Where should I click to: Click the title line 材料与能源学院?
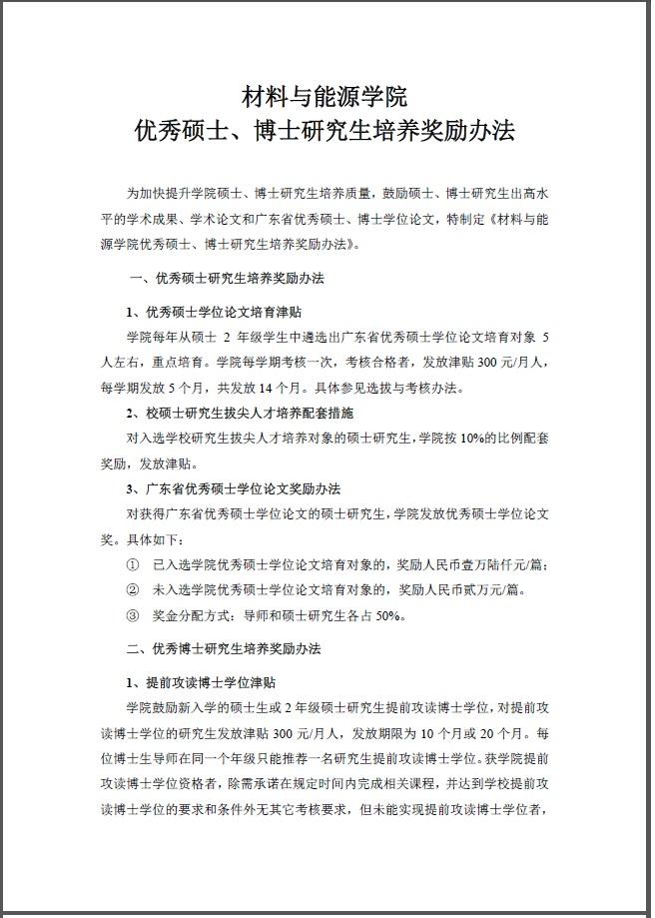[x=326, y=98]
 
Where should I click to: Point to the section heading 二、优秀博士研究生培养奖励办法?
[x=227, y=648]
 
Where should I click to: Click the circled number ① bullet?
[x=132, y=565]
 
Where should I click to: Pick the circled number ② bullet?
[x=132, y=590]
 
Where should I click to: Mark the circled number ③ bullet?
[x=132, y=616]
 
